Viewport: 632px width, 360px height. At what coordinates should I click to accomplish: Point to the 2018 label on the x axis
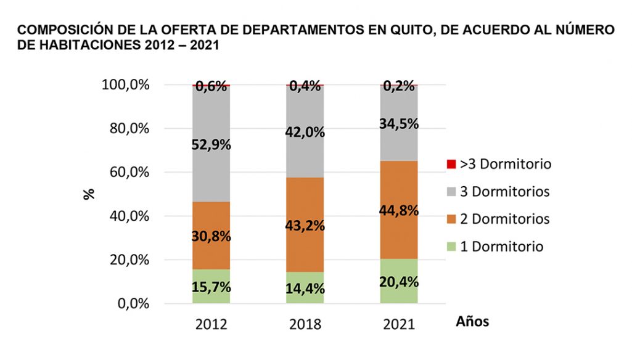(305, 324)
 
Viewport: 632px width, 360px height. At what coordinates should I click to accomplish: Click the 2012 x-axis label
(211, 324)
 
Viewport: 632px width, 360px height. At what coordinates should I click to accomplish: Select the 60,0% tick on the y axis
(125, 172)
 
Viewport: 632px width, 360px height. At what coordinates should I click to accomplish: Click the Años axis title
(472, 322)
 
